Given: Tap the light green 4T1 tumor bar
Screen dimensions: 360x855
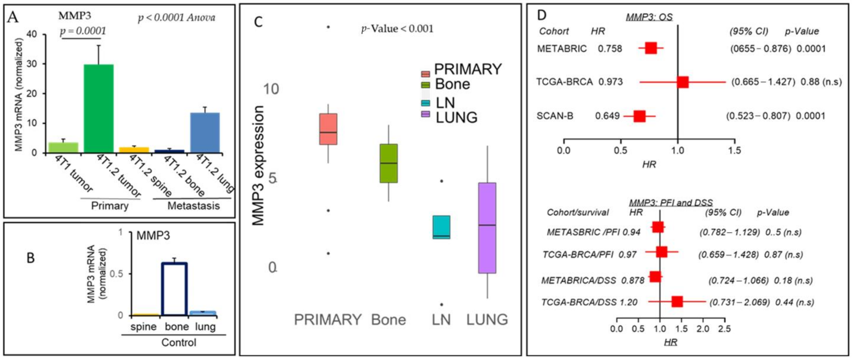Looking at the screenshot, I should click(63, 147).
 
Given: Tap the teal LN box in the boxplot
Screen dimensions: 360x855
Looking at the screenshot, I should click(442, 227).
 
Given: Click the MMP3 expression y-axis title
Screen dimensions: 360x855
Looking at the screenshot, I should click(258, 165).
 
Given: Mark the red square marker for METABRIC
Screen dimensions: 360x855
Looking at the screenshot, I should click(651, 48).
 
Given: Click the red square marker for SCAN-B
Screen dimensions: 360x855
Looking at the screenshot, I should click(639, 116).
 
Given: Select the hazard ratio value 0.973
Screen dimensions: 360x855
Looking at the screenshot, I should click(610, 82).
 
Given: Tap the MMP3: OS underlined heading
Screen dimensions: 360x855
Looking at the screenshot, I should click(649, 17).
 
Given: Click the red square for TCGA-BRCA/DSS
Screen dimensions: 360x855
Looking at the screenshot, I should click(677, 302).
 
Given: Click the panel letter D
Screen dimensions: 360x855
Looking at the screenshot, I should click(541, 15).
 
